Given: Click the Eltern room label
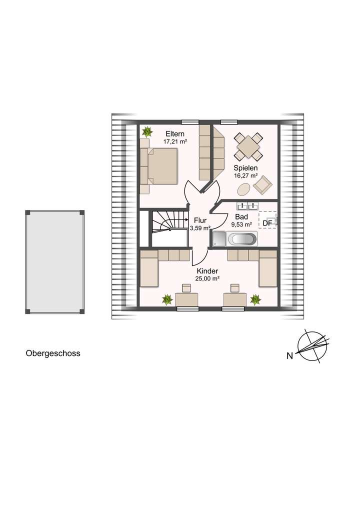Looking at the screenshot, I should pos(175,134).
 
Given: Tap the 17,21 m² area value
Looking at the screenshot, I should pos(175,142).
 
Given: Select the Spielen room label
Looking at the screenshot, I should pos(245,168).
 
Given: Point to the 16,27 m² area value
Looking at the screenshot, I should pos(245,176).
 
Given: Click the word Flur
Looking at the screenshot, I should pos(199,219).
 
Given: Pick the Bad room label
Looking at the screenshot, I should pos(240,217).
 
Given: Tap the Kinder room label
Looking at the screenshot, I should pos(207,270).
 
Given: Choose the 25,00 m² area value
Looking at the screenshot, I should pos(207,278).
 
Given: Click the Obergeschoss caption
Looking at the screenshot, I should pos(53,353).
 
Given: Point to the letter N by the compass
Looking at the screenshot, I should pos(289,356).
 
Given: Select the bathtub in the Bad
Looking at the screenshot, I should pos(242,239).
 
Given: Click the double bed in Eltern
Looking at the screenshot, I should pos(160,166).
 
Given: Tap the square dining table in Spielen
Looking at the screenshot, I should pos(248,146).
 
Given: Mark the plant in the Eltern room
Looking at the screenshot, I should pos(147,132).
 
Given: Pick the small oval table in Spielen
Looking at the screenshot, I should pos(244,189).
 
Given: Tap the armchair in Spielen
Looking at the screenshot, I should pos(263,185).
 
